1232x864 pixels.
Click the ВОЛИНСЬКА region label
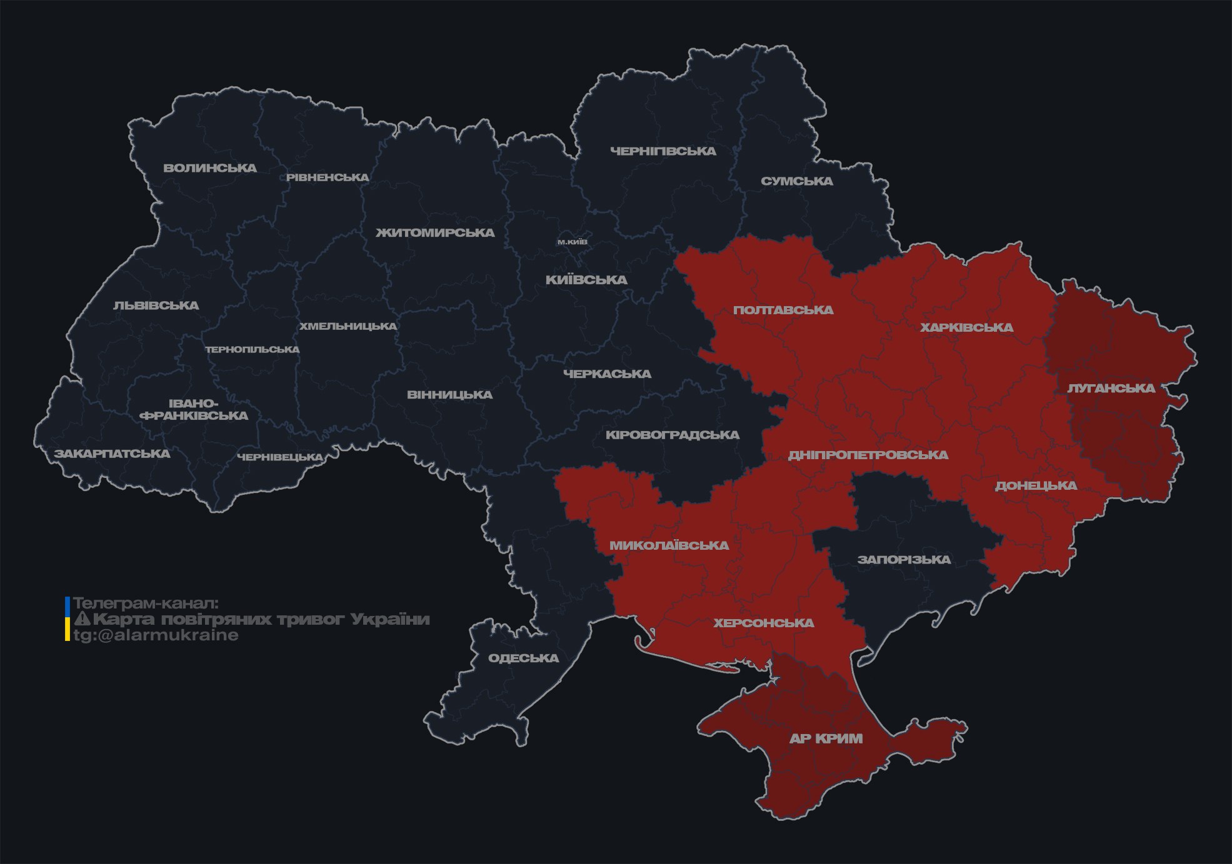click(x=210, y=168)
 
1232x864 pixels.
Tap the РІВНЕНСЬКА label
click(x=328, y=177)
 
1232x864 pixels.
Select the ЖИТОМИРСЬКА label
click(x=435, y=233)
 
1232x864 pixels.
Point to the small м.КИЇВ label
click(x=572, y=242)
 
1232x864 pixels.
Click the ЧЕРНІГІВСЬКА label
click(x=663, y=151)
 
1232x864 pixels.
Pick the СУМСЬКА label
click(x=796, y=181)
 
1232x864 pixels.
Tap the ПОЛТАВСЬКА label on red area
click(x=783, y=310)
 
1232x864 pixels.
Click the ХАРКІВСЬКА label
click(x=966, y=327)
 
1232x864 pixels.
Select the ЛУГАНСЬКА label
click(x=1111, y=388)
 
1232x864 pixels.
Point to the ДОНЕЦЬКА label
click(x=1036, y=485)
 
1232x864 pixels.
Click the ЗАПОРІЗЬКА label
click(x=904, y=559)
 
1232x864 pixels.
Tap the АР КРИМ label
click(x=826, y=738)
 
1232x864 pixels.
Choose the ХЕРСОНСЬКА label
click(x=764, y=623)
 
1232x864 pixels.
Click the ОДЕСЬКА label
click(x=523, y=658)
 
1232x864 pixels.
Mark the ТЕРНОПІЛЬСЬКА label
click(x=253, y=349)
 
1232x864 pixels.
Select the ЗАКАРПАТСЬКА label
click(x=112, y=454)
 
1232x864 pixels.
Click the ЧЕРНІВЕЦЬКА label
click(x=280, y=457)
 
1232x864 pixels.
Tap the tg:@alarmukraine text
click(x=156, y=635)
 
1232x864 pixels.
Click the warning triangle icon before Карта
click(x=82, y=619)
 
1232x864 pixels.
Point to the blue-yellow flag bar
click(x=68, y=619)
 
